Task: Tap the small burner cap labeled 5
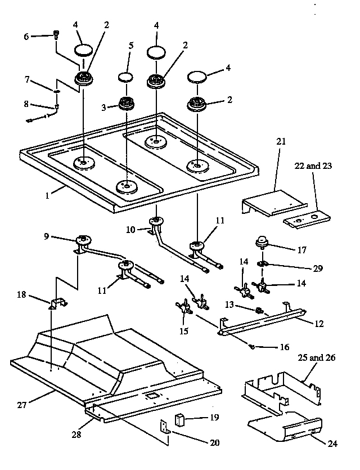[126, 78]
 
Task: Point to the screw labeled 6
[56, 35]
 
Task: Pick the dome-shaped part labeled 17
[262, 241]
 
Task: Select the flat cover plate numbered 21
[273, 201]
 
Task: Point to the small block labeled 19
[181, 419]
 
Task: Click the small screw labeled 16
[252, 347]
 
